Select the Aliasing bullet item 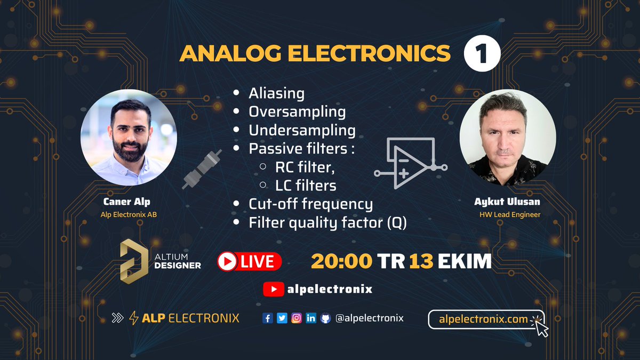coord(276,93)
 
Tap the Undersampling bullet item coord(302,130)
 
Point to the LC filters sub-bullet coord(306,185)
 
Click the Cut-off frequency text coord(310,204)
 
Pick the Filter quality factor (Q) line coord(327,222)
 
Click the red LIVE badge coord(249,261)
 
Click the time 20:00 coord(342,261)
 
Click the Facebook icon coord(268,318)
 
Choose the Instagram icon coord(297,318)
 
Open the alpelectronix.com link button coord(485,319)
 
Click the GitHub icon coord(325,318)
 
